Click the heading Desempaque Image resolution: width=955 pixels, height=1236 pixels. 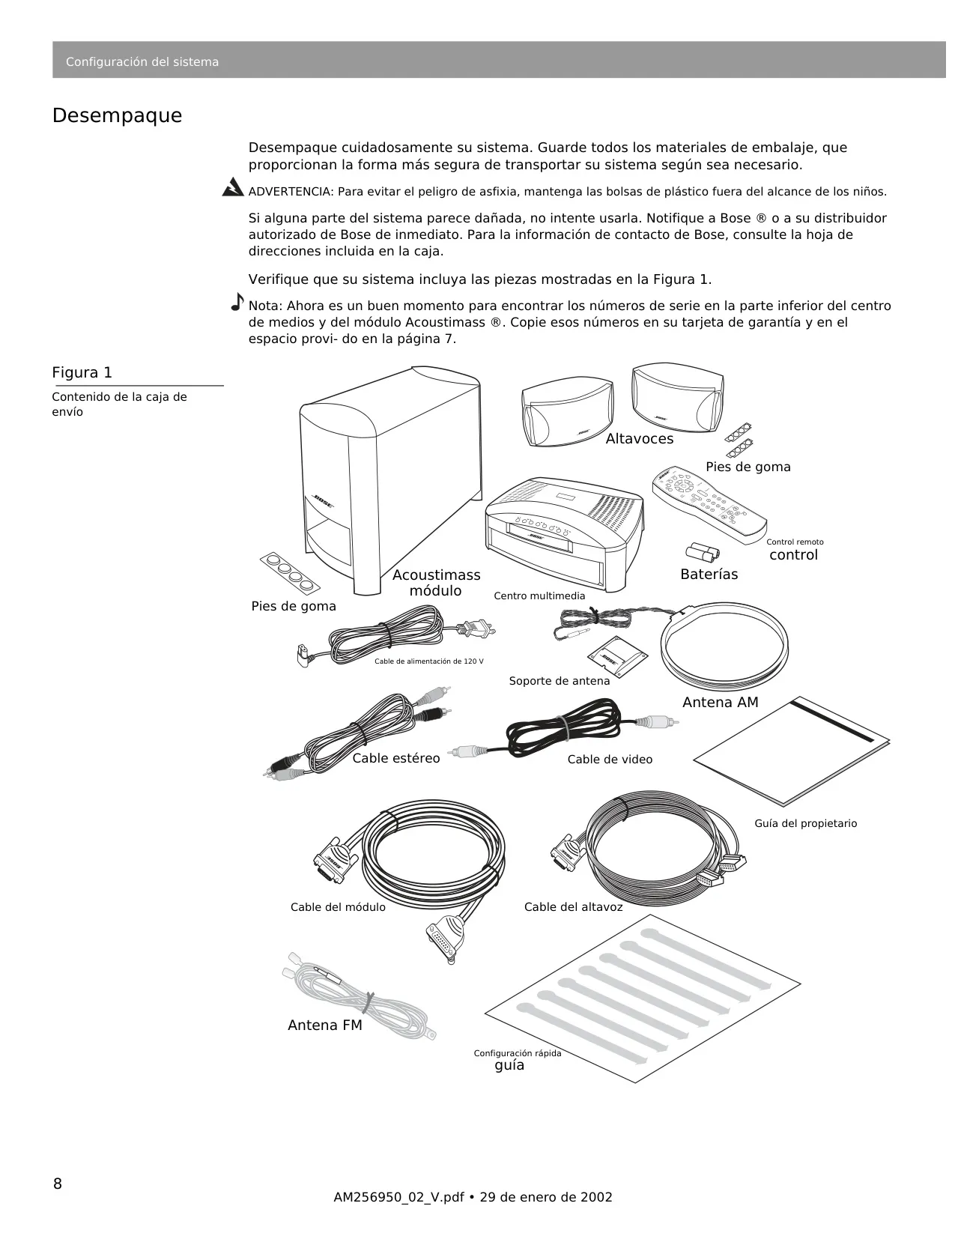pyautogui.click(x=117, y=115)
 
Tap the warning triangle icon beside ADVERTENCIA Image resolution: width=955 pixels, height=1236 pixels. pyautogui.click(x=233, y=187)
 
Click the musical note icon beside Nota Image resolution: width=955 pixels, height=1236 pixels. pyautogui.click(x=237, y=301)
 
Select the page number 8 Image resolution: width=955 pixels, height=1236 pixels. pyautogui.click(x=58, y=1184)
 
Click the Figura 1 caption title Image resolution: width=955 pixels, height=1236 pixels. pyautogui.click(x=82, y=372)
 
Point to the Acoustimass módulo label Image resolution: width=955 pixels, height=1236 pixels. pyautogui.click(x=436, y=583)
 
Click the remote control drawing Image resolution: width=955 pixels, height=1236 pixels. pyautogui.click(x=709, y=505)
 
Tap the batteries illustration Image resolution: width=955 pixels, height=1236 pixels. pyautogui.click(x=703, y=552)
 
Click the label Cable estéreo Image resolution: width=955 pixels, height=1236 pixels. pyautogui.click(x=396, y=758)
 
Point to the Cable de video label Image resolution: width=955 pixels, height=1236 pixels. pyautogui.click(x=610, y=760)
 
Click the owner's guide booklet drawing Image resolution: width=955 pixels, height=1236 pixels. pyautogui.click(x=792, y=751)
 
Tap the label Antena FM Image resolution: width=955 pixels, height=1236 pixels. pyautogui.click(x=325, y=1025)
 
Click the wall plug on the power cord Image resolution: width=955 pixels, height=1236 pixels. pyautogui.click(x=478, y=628)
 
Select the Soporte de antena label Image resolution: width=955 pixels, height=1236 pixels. pyautogui.click(x=559, y=681)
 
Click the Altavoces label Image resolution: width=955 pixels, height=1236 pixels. pyautogui.click(x=640, y=438)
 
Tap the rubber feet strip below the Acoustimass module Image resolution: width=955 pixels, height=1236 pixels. pyautogui.click(x=290, y=573)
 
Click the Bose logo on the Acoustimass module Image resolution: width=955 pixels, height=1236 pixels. pyautogui.click(x=323, y=502)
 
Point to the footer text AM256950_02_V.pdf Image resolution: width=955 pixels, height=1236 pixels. pyautogui.click(x=398, y=1197)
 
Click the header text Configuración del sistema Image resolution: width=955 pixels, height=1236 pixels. pyautogui.click(x=142, y=62)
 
